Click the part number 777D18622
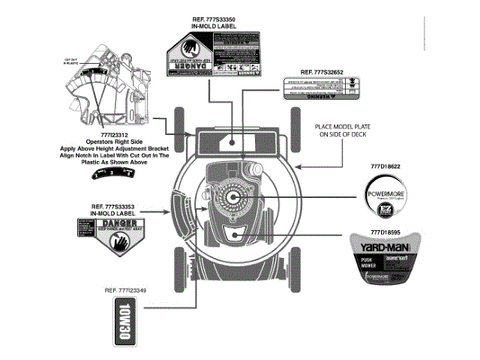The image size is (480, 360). (x=384, y=165)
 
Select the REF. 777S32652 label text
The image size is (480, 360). (x=321, y=72)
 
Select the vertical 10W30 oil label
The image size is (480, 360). (x=124, y=322)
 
